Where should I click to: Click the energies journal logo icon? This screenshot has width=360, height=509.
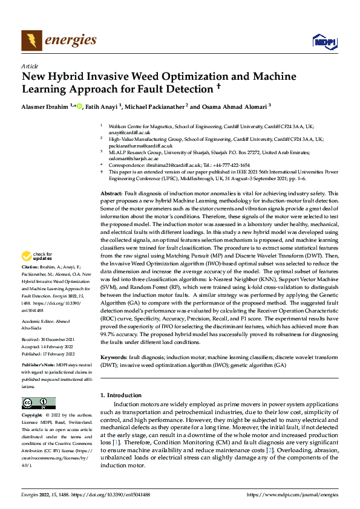(x=30, y=40)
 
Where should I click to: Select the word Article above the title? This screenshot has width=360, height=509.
(x=30, y=66)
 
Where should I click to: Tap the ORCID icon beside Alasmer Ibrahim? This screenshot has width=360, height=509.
(x=79, y=106)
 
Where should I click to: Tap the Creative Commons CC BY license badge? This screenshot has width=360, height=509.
(x=38, y=403)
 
